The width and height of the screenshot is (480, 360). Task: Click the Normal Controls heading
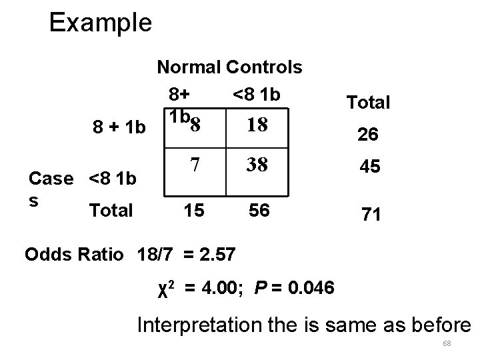coord(229,67)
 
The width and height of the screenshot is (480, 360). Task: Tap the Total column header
coord(368,102)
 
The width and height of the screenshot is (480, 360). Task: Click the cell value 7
coord(195,164)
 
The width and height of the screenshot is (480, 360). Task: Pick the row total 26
coord(368,135)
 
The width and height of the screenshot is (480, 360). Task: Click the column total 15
coord(195,211)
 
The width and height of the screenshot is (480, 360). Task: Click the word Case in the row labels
coord(53,178)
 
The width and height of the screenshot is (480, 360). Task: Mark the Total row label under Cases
coord(111,211)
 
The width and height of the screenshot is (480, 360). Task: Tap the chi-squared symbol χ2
coord(167,288)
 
